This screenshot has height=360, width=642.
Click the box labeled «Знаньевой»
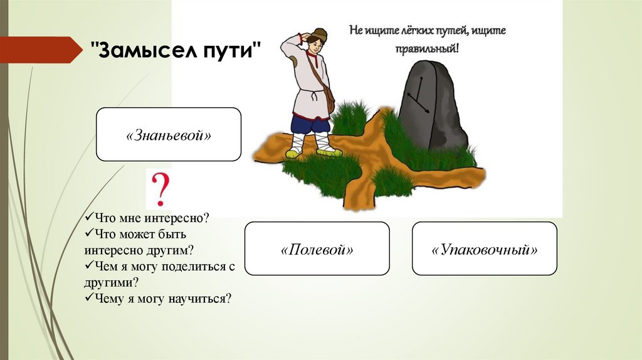point(168,134)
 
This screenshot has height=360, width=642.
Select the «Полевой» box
point(317,248)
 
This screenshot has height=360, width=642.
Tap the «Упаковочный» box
point(485,248)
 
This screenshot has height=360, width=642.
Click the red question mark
point(160,189)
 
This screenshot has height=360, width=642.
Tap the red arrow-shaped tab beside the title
point(41,50)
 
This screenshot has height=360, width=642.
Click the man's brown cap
point(317,34)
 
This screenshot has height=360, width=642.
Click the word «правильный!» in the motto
point(427,49)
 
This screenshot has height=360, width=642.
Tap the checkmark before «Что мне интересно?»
point(89,216)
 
